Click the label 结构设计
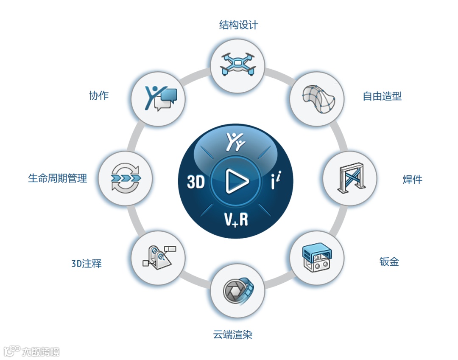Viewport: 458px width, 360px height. click(x=238, y=25)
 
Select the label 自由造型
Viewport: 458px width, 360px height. click(x=382, y=96)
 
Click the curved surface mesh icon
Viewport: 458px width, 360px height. click(x=317, y=98)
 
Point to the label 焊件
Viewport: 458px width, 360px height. click(x=412, y=179)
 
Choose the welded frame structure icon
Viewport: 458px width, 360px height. click(x=350, y=179)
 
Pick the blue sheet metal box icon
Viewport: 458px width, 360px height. click(x=317, y=258)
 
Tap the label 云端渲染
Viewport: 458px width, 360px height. click(x=233, y=335)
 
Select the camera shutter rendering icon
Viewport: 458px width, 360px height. click(x=237, y=291)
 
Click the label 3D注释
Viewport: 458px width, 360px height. click(x=87, y=264)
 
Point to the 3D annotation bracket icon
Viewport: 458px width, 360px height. click(x=158, y=258)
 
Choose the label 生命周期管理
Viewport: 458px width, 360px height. click(x=58, y=178)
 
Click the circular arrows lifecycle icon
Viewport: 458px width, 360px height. click(x=125, y=178)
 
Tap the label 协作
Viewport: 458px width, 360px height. click(x=99, y=96)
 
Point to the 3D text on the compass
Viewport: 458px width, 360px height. click(x=196, y=182)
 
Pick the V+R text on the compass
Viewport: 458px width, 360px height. click(x=236, y=219)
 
